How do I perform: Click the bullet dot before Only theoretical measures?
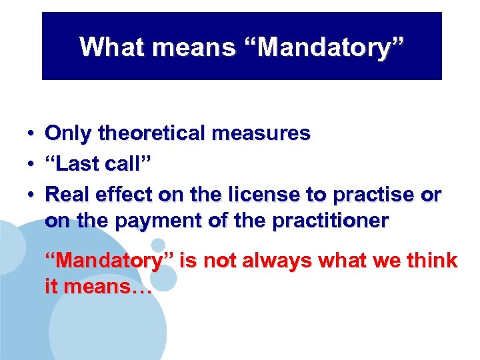pyautogui.click(x=31, y=134)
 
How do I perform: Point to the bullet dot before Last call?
pyautogui.click(x=31, y=164)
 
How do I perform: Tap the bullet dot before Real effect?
pyautogui.click(x=31, y=194)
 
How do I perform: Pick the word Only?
pyautogui.click(x=69, y=134)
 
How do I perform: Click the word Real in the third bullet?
pyautogui.click(x=67, y=194)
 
